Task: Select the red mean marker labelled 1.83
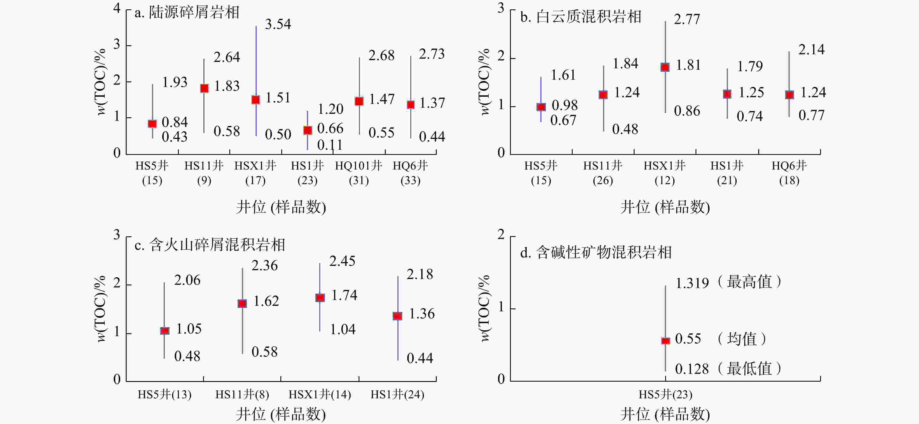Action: point(205,88)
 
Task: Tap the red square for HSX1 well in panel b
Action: point(665,67)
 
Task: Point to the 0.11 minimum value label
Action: point(330,145)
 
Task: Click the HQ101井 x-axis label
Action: point(359,166)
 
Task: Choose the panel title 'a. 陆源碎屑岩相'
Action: point(187,13)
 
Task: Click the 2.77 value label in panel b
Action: point(687,19)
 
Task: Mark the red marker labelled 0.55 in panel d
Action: point(665,341)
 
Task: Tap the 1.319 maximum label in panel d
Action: point(692,283)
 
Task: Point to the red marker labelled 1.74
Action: point(320,297)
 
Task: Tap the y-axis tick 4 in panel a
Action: point(117,8)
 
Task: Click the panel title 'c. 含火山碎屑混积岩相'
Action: point(210,245)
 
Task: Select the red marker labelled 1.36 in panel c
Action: point(397,316)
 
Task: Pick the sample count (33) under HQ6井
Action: point(410,181)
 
